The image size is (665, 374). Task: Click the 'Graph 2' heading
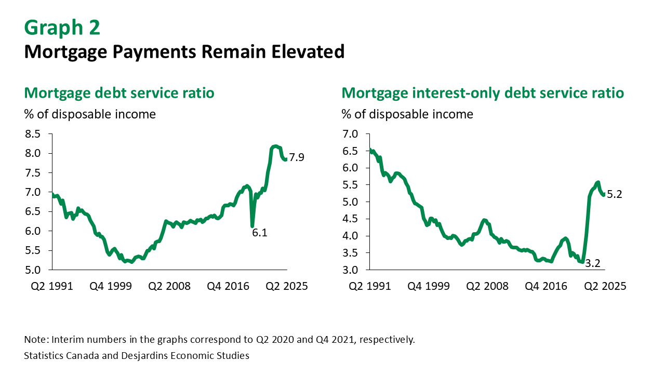tap(62, 28)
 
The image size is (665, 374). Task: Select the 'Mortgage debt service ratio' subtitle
tap(119, 93)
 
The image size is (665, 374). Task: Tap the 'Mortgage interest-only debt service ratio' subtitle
tap(483, 93)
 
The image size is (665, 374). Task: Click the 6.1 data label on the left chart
tap(259, 233)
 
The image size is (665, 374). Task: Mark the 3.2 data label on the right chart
tap(593, 263)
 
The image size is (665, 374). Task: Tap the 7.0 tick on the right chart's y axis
tap(350, 134)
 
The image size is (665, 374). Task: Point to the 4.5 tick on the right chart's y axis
tap(350, 219)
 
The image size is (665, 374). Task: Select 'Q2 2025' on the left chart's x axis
tap(286, 286)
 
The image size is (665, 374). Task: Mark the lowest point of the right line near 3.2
tap(582, 262)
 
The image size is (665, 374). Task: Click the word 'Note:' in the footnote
tap(35, 340)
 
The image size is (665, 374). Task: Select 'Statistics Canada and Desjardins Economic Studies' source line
tap(137, 356)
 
